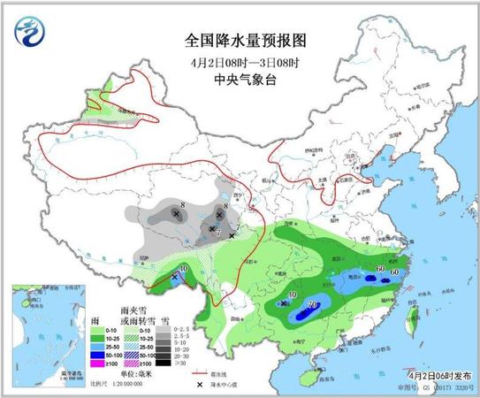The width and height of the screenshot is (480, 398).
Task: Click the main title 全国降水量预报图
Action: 240,40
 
